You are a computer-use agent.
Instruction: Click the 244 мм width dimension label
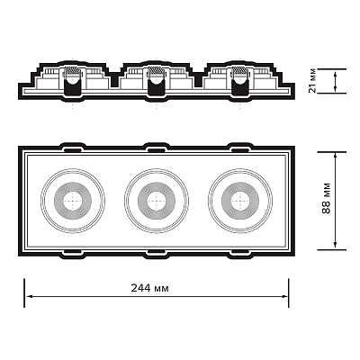[x=149, y=288]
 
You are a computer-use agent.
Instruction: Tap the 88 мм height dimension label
[x=326, y=198]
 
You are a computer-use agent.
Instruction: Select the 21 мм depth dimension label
[x=312, y=81]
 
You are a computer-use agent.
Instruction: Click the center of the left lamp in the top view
[x=73, y=201]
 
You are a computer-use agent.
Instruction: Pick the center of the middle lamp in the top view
[x=157, y=201]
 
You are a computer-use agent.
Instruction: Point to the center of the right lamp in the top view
[x=240, y=201]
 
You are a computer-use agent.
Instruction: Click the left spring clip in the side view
[x=73, y=80]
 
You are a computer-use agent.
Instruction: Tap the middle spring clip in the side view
[x=157, y=80]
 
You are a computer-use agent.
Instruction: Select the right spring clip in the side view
[x=240, y=80]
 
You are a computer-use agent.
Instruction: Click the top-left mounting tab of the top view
[x=73, y=148]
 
